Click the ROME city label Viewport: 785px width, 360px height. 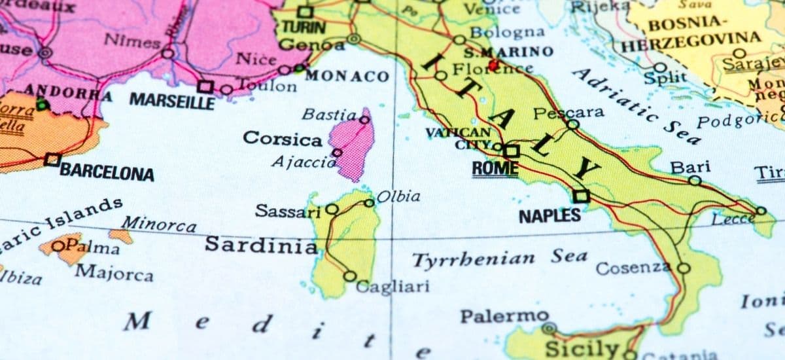click(495, 168)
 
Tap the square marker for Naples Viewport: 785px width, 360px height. click(580, 196)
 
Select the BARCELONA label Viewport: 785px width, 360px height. click(107, 173)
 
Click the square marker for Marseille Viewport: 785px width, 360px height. click(205, 86)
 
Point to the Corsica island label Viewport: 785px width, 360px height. click(282, 139)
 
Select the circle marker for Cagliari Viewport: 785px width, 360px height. click(350, 276)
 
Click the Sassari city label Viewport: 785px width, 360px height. click(288, 211)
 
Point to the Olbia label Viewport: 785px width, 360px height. click(398, 196)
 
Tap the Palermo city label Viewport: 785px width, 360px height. click(504, 316)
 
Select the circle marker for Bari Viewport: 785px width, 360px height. click(695, 180)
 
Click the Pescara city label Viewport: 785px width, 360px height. click(568, 113)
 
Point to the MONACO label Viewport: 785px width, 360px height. click(347, 76)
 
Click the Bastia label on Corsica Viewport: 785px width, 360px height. click(328, 115)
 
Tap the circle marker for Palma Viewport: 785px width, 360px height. click(58, 246)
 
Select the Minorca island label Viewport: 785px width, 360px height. click(158, 225)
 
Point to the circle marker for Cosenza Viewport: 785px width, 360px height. click(684, 268)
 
